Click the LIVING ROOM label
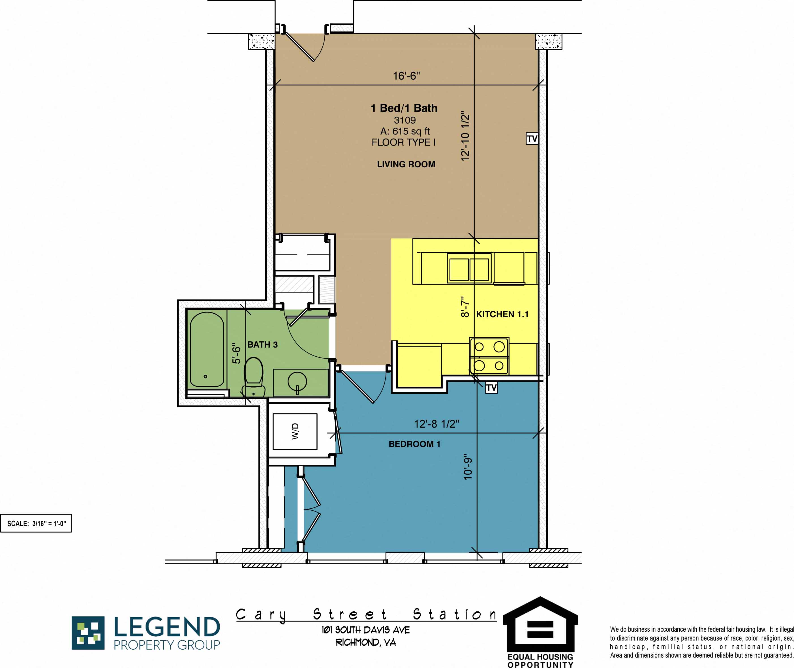[x=406, y=164]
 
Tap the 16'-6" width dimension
[x=406, y=76]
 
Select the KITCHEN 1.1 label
[x=502, y=314]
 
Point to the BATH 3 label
[x=262, y=344]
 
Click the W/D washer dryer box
[x=295, y=432]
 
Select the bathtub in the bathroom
[x=207, y=349]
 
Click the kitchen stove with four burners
[x=489, y=356]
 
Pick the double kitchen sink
[x=469, y=269]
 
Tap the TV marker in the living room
[x=532, y=139]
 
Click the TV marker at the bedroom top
[x=491, y=388]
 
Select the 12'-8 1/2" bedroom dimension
[x=436, y=424]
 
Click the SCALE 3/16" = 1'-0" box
[x=36, y=523]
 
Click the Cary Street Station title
[x=366, y=614]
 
